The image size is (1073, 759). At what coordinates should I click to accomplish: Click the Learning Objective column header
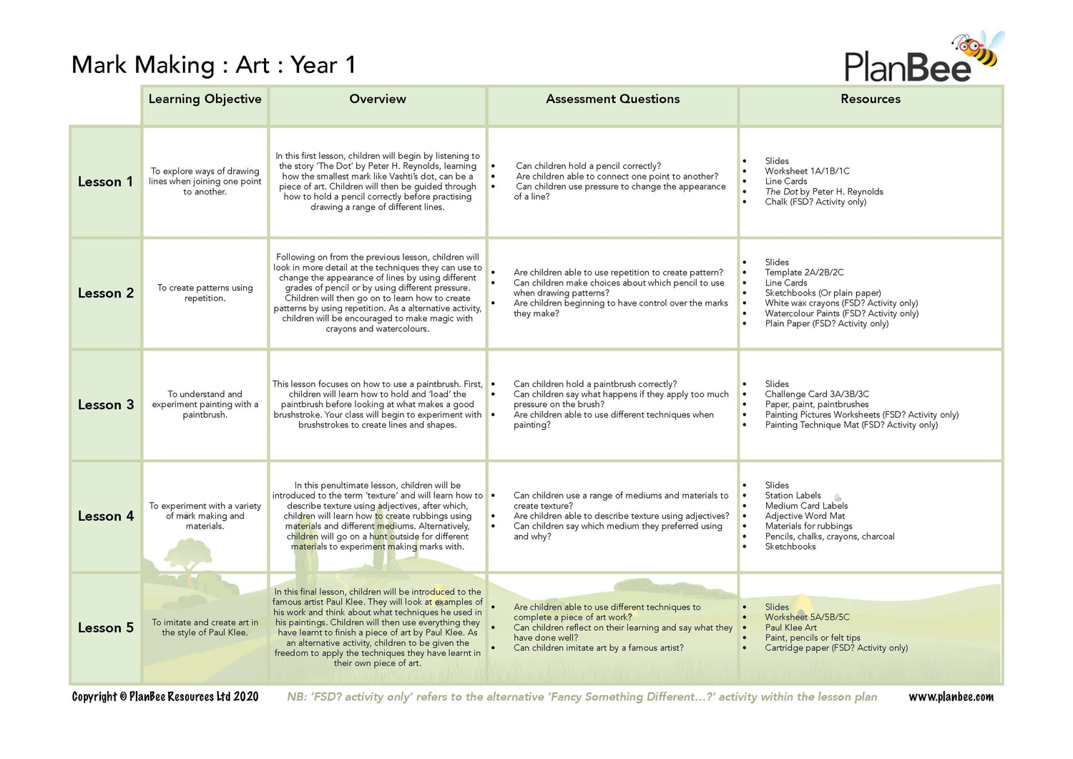(205, 99)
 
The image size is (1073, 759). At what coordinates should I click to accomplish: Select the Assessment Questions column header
(612, 99)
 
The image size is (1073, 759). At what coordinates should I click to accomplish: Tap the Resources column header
(870, 99)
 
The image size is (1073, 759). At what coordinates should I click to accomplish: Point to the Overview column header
(377, 99)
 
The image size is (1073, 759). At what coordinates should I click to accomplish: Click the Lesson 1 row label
(105, 182)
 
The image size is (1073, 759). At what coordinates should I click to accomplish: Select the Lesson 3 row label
(105, 405)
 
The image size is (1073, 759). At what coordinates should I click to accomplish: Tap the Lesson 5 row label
(105, 628)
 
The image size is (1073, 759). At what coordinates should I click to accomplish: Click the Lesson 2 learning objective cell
(205, 293)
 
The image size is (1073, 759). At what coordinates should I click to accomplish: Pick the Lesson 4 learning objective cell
(205, 516)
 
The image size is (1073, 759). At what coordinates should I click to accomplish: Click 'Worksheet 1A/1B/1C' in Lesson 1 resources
(807, 171)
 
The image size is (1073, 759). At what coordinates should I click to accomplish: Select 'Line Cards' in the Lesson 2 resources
(785, 283)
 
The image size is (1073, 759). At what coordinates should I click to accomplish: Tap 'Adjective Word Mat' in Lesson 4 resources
(805, 516)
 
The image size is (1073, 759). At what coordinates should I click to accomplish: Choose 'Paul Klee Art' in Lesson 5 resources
(790, 627)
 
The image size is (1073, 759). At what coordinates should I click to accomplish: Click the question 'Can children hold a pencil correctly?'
(588, 166)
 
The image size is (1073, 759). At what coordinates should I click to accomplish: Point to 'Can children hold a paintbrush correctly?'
(594, 384)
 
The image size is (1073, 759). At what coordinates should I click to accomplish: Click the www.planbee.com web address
(951, 697)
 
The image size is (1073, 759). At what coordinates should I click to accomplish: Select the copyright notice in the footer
(165, 697)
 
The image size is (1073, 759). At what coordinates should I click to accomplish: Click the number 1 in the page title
(351, 65)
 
